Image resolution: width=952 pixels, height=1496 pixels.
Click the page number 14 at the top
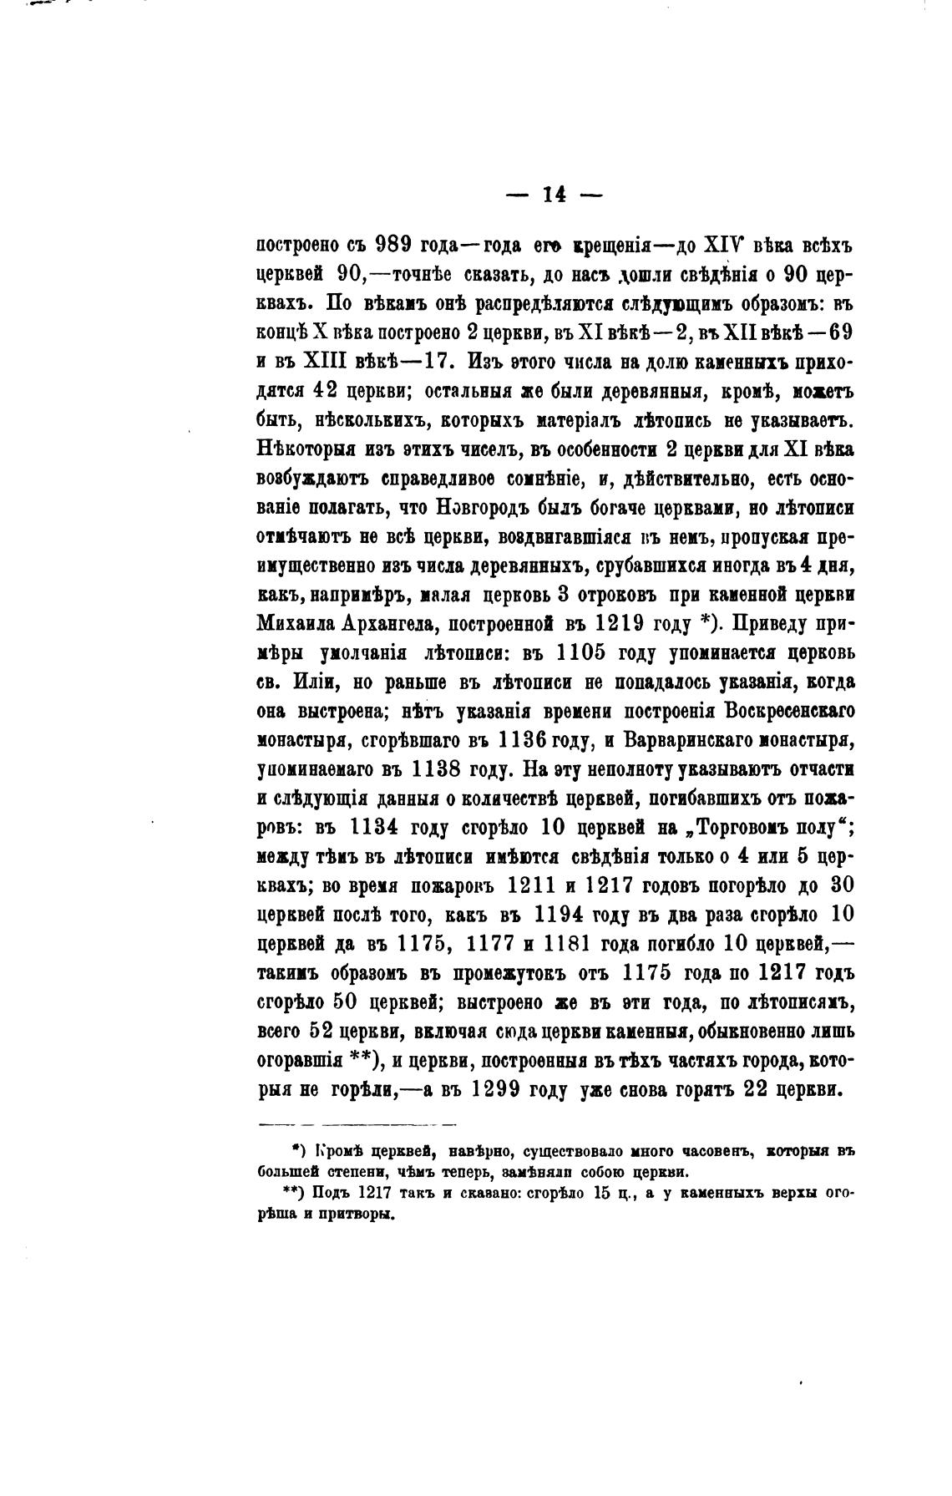click(x=554, y=195)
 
